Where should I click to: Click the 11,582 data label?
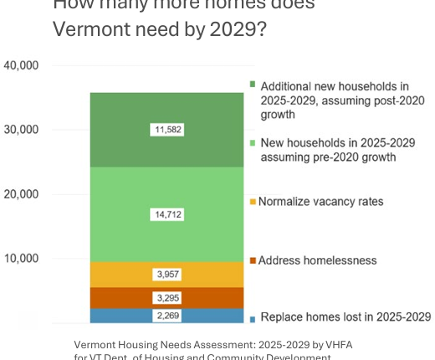click(168, 130)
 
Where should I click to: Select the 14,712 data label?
click(168, 214)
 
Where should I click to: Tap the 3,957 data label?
click(168, 275)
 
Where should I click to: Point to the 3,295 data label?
click(168, 298)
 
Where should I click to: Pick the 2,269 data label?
click(168, 316)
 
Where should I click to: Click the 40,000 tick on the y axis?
click(22, 65)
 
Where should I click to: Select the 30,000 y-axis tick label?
click(22, 130)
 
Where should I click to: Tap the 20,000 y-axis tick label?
click(22, 194)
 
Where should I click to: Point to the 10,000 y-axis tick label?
click(22, 259)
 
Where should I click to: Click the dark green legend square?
click(252, 85)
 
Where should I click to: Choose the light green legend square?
click(252, 142)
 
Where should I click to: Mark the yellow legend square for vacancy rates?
click(252, 202)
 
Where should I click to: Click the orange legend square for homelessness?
click(252, 260)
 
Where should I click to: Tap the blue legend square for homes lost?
click(252, 318)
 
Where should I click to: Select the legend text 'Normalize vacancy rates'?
click(320, 202)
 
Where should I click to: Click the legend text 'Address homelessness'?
click(317, 260)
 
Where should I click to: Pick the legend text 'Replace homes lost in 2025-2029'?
click(345, 317)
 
